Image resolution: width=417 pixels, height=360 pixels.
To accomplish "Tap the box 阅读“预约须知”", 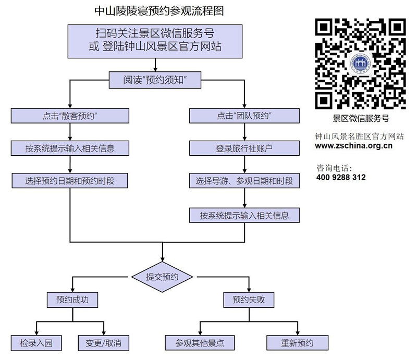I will click(x=155, y=80).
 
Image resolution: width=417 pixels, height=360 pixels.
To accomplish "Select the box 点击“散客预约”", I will click(x=70, y=116).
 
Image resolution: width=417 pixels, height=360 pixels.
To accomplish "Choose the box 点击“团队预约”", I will click(x=245, y=116).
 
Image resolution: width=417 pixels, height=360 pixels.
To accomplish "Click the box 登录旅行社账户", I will click(x=245, y=148).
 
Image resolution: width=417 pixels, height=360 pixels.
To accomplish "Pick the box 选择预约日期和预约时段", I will click(x=70, y=181).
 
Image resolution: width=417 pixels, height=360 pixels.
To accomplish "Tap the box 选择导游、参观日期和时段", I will click(x=245, y=181).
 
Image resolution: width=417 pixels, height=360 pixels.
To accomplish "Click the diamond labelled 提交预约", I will click(x=163, y=277).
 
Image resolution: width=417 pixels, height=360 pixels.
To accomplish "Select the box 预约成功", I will click(x=70, y=300).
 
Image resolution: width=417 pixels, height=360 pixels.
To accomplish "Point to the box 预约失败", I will click(x=249, y=300).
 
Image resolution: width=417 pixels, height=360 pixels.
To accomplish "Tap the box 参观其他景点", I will click(x=200, y=343).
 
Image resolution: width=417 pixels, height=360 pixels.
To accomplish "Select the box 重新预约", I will click(x=298, y=343).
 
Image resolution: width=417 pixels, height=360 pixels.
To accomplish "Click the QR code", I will click(x=361, y=63).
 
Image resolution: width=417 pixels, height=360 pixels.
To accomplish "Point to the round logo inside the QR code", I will click(x=361, y=64).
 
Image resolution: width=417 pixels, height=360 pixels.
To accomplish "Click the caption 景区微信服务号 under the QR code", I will click(x=361, y=118).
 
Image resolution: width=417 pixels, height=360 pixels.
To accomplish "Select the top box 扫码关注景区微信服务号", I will click(x=155, y=40).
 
